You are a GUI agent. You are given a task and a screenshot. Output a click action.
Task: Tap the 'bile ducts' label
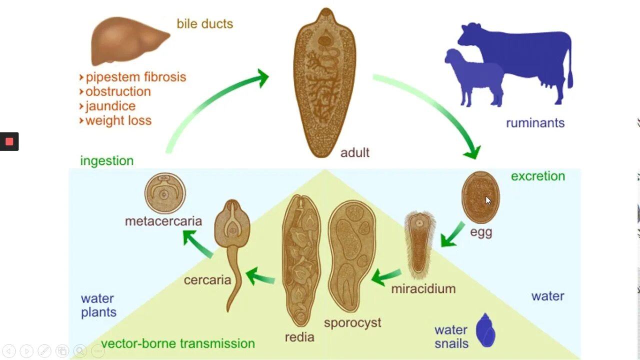[204, 23]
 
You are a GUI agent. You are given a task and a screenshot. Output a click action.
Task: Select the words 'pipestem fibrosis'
[135, 77]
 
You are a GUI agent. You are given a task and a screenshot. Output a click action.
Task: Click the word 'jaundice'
[110, 106]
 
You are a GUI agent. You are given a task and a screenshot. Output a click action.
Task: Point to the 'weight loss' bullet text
[118, 120]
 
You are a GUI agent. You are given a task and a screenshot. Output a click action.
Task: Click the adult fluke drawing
[324, 82]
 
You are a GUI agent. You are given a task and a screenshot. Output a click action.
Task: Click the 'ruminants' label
[535, 123]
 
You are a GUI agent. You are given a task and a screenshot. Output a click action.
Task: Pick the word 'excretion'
[538, 176]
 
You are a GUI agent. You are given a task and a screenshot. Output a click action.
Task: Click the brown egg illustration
[480, 197]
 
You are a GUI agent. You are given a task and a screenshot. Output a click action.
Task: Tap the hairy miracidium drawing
[419, 245]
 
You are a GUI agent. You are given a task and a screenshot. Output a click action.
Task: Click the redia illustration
[300, 260]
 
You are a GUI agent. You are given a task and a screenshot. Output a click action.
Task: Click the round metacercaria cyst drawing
[165, 193]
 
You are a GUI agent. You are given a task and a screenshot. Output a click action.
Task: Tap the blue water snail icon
[485, 330]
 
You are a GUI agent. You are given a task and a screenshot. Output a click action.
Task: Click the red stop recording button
[9, 141]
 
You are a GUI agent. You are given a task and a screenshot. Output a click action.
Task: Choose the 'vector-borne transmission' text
[178, 343]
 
